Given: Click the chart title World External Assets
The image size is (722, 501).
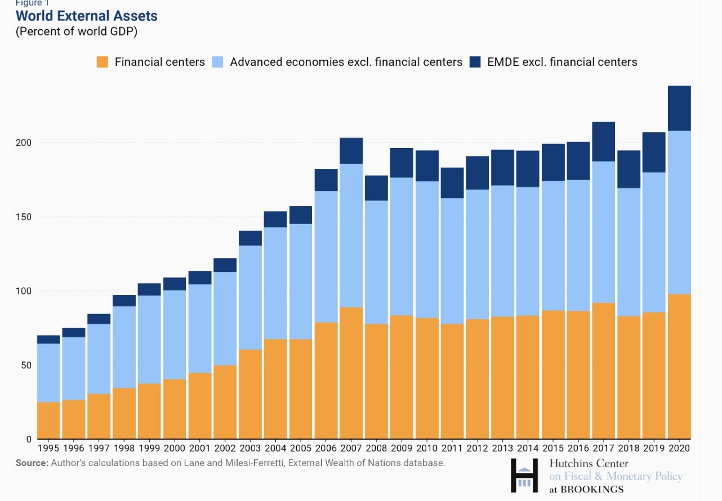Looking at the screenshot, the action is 86,16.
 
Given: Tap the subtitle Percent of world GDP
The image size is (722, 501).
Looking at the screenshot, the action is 77,32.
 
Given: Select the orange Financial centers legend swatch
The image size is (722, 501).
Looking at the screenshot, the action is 102,62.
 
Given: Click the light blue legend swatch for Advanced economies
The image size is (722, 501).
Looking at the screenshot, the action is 217,62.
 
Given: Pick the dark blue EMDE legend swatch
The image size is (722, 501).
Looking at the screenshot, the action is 475,62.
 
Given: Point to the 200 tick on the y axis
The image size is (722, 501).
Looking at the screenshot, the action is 24,143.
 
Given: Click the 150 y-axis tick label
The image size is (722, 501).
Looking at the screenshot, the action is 24,217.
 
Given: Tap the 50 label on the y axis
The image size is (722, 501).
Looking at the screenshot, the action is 26,365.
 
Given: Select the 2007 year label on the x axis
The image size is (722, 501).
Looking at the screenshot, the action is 351,448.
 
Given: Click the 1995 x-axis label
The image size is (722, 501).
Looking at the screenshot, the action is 48,448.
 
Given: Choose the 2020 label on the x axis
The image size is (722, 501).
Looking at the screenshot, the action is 679,448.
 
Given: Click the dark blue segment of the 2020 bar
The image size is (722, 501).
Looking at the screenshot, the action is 679,108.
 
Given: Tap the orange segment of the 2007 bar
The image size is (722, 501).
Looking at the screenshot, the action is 351,373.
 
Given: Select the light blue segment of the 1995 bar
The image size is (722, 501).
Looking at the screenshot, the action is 48,373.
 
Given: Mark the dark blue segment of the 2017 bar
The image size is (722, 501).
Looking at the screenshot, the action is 603,142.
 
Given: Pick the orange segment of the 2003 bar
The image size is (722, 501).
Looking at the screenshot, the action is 250,395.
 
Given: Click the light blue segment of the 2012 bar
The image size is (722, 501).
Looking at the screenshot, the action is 478,254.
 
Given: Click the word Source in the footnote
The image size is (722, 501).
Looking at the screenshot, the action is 32,463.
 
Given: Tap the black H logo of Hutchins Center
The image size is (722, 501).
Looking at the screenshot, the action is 524,475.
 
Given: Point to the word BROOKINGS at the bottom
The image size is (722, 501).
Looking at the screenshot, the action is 592,489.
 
